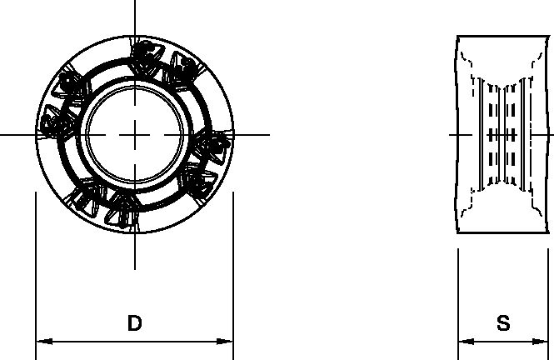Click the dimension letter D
pyautogui.click(x=134, y=324)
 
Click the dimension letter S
pyautogui.click(x=503, y=324)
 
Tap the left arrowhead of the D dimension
pyautogui.click(x=41, y=342)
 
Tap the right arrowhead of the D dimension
pyautogui.click(x=227, y=342)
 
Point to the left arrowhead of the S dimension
pyautogui.click(x=463, y=342)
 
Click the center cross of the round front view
pyautogui.click(x=134, y=134)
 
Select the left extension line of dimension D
pyautogui.click(x=35, y=267)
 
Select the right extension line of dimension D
pyautogui.click(x=232, y=267)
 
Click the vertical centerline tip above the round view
pyautogui.click(x=134, y=2)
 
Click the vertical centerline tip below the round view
pyautogui.click(x=134, y=268)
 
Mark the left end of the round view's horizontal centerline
pyautogui.click(x=2, y=134)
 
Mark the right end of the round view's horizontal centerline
pyautogui.click(x=268, y=134)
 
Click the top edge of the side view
pyautogui.click(x=503, y=36)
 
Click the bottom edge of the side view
pyautogui.click(x=503, y=233)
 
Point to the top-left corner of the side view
pyautogui.click(x=458, y=36)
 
